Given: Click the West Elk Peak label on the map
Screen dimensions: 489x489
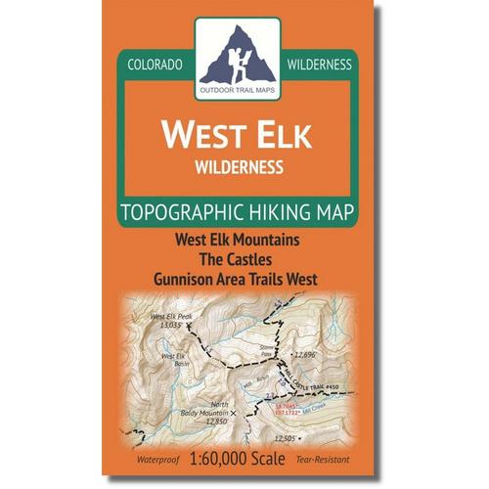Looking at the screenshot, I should (x=170, y=317).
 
